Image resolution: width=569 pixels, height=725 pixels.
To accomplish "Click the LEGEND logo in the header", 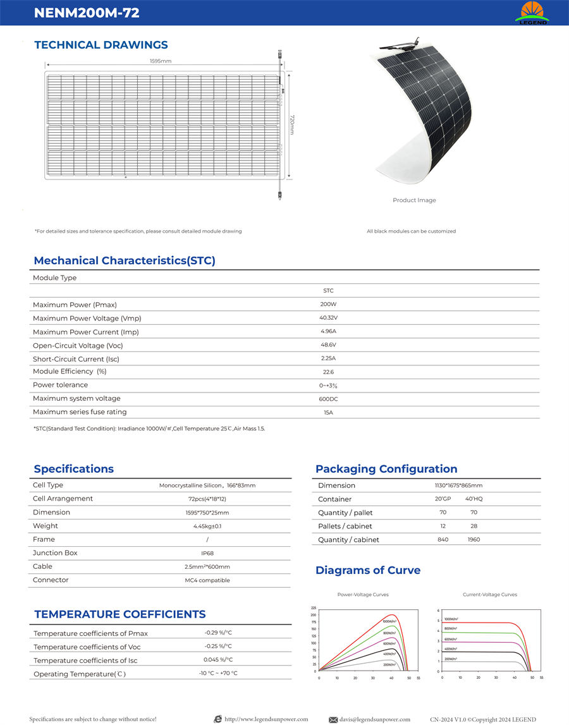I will (x=532, y=13).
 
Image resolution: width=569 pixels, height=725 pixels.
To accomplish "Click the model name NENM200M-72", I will (x=87, y=13).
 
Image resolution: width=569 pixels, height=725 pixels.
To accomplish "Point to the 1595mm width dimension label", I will (x=161, y=61).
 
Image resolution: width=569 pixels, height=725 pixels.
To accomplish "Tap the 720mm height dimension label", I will (x=291, y=125).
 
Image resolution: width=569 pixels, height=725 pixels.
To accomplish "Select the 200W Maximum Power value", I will (x=328, y=304).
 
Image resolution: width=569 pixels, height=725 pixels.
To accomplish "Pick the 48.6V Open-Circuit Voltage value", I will (x=328, y=345).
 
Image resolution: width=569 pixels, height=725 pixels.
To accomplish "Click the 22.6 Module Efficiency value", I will (x=328, y=372).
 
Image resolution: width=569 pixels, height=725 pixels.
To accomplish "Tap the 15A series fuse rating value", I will (x=328, y=413).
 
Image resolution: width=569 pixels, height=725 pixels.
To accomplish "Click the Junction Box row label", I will (x=55, y=553).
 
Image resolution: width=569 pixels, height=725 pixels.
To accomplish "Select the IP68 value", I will (x=207, y=553).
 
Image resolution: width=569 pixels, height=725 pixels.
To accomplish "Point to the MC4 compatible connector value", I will (x=207, y=580).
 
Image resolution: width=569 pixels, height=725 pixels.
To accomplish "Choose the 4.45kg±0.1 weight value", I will (x=207, y=526).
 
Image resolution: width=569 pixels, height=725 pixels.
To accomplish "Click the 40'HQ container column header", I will (x=474, y=499).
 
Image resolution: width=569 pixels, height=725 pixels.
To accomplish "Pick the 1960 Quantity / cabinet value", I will (x=474, y=540).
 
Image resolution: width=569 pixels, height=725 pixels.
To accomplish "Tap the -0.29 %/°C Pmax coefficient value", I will (x=218, y=633).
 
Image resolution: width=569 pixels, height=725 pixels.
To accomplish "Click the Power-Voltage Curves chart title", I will (x=363, y=595).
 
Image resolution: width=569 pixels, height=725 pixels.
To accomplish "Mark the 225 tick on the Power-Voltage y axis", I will (x=314, y=607).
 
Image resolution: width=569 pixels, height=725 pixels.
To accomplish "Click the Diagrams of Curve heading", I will (x=368, y=571).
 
